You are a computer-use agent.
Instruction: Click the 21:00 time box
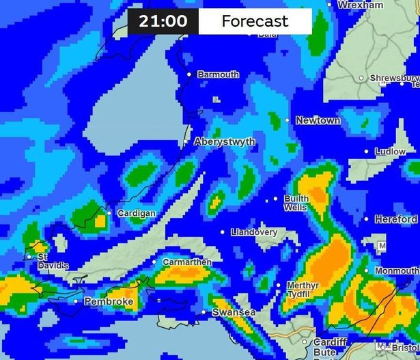point(163,21)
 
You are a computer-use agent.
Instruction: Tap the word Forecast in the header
point(255,21)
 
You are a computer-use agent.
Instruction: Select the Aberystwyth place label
point(225,142)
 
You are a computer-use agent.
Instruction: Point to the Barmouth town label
point(219,74)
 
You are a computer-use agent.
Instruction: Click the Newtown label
point(318,121)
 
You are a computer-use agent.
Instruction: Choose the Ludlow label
point(390,152)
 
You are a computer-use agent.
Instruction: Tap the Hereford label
point(395,219)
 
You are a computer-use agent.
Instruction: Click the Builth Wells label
point(296,203)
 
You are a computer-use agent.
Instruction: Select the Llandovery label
point(254,232)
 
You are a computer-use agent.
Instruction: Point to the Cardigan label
point(137,214)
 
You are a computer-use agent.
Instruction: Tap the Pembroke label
point(108,301)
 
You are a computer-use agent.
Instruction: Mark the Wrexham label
point(361,5)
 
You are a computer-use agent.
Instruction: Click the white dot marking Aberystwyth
point(186,141)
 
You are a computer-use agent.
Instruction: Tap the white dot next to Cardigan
point(109,213)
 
